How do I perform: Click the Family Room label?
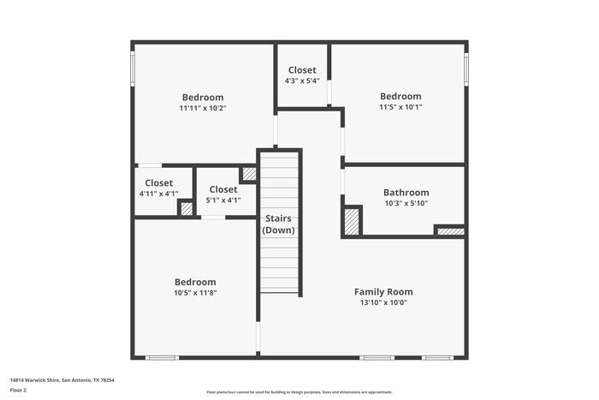(383, 291)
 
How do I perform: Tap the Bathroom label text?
(406, 193)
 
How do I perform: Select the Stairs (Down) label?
(279, 224)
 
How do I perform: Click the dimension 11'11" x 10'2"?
(202, 109)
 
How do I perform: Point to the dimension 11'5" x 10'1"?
(400, 108)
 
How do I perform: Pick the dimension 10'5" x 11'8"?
(195, 293)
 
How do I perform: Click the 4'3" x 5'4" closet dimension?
(302, 81)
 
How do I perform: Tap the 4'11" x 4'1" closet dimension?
(158, 194)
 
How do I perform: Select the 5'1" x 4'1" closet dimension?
(223, 200)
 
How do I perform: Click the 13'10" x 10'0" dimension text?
(383, 302)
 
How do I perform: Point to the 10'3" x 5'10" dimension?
(406, 204)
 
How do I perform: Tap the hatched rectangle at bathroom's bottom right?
(449, 230)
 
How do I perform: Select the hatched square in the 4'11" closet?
(185, 208)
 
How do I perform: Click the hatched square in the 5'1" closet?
(248, 174)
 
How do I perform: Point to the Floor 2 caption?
(18, 390)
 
